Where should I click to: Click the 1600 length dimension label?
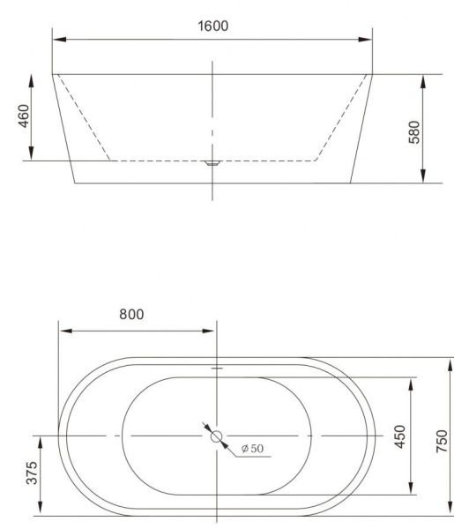click(x=212, y=26)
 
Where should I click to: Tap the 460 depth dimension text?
click(x=24, y=116)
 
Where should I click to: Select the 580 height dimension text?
click(x=414, y=132)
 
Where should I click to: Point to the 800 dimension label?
click(x=131, y=314)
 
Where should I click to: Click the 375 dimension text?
click(x=32, y=473)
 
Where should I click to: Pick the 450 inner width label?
click(x=400, y=436)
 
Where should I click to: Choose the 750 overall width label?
click(x=442, y=441)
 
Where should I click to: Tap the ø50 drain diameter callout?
click(x=253, y=449)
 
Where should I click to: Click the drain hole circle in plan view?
click(x=216, y=436)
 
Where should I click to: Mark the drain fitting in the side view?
click(x=212, y=163)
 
